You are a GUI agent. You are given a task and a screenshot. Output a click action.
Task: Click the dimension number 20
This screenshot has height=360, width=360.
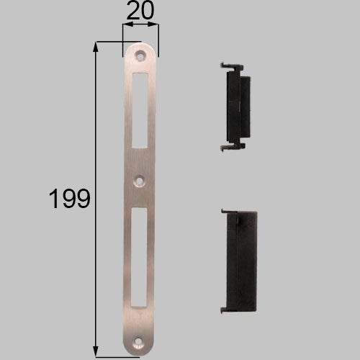click(140, 11)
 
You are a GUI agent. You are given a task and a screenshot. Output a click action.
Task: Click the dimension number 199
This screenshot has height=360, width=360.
click(70, 199)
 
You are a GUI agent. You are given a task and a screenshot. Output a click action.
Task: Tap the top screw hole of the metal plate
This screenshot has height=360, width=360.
click(140, 56)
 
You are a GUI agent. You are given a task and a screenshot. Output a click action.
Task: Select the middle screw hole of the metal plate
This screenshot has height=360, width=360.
click(140, 181)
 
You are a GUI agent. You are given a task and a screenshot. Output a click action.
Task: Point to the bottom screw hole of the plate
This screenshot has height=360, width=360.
click(138, 342)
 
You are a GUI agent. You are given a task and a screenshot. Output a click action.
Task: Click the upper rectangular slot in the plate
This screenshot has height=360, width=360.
click(140, 110)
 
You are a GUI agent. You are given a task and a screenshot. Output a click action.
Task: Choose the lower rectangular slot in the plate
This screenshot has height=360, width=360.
click(139, 257)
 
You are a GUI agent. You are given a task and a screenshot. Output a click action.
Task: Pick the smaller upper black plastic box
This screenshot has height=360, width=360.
click(235, 107)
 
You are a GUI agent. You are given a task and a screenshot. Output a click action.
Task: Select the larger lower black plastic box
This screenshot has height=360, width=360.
click(239, 261)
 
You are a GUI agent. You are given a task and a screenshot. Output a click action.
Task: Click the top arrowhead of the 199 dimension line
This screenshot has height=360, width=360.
click(96, 47)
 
